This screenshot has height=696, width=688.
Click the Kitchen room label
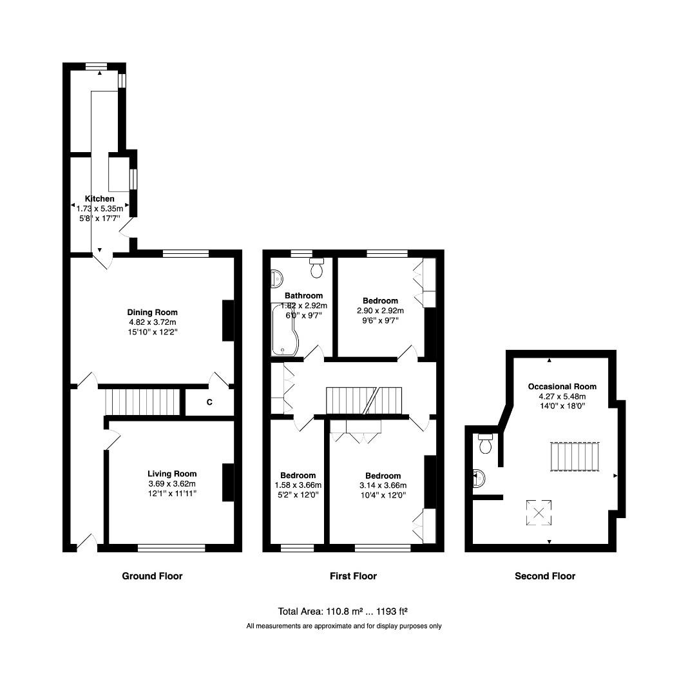tap(100, 199)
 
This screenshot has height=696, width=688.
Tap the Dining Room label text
tap(152, 313)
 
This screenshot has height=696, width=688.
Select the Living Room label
tap(172, 474)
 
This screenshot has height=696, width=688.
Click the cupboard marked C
tap(209, 403)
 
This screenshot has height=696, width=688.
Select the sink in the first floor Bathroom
tap(276, 278)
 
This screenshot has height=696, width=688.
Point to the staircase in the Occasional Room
tap(575, 457)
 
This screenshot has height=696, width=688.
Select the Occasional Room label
tap(562, 387)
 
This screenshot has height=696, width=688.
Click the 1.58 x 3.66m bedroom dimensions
tap(298, 485)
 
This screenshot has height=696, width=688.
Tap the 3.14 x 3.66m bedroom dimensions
tap(383, 485)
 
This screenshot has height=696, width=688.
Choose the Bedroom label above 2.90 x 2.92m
tap(380, 300)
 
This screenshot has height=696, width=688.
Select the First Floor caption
tap(353, 576)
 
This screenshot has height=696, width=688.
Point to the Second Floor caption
tap(544, 576)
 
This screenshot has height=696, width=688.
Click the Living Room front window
tap(171, 548)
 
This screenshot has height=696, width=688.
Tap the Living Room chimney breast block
tap(227, 482)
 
